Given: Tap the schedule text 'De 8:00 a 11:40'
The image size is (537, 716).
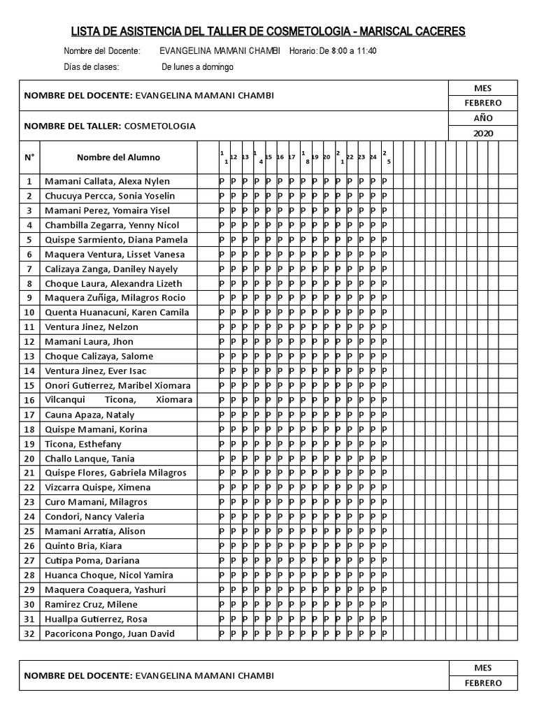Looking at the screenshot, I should (x=348, y=51).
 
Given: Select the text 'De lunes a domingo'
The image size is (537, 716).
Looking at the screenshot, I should (x=197, y=67).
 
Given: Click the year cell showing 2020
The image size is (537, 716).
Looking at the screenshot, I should (x=483, y=133).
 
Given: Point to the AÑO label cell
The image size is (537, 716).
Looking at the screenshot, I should (x=483, y=118).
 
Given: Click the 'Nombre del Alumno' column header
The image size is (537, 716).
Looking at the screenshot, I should (x=118, y=157).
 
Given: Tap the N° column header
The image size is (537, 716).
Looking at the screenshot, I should (x=29, y=157).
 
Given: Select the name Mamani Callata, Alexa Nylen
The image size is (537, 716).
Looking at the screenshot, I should (x=107, y=181).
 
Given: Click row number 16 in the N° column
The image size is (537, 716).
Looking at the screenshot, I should (x=29, y=400).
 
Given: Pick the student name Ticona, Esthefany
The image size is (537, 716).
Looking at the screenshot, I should (x=83, y=444).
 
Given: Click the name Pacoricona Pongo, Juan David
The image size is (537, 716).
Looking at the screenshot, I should (x=110, y=633).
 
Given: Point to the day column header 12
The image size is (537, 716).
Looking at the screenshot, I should (x=234, y=157).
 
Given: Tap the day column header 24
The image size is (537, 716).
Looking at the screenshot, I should (x=373, y=157).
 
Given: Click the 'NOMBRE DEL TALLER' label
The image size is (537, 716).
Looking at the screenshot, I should (x=73, y=126).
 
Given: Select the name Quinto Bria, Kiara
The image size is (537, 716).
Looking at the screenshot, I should (x=83, y=546).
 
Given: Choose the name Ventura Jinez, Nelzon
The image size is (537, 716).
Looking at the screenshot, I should (x=92, y=327).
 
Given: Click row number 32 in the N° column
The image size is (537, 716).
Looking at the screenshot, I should (x=29, y=633).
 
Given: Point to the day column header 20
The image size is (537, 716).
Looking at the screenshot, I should (x=327, y=157).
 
